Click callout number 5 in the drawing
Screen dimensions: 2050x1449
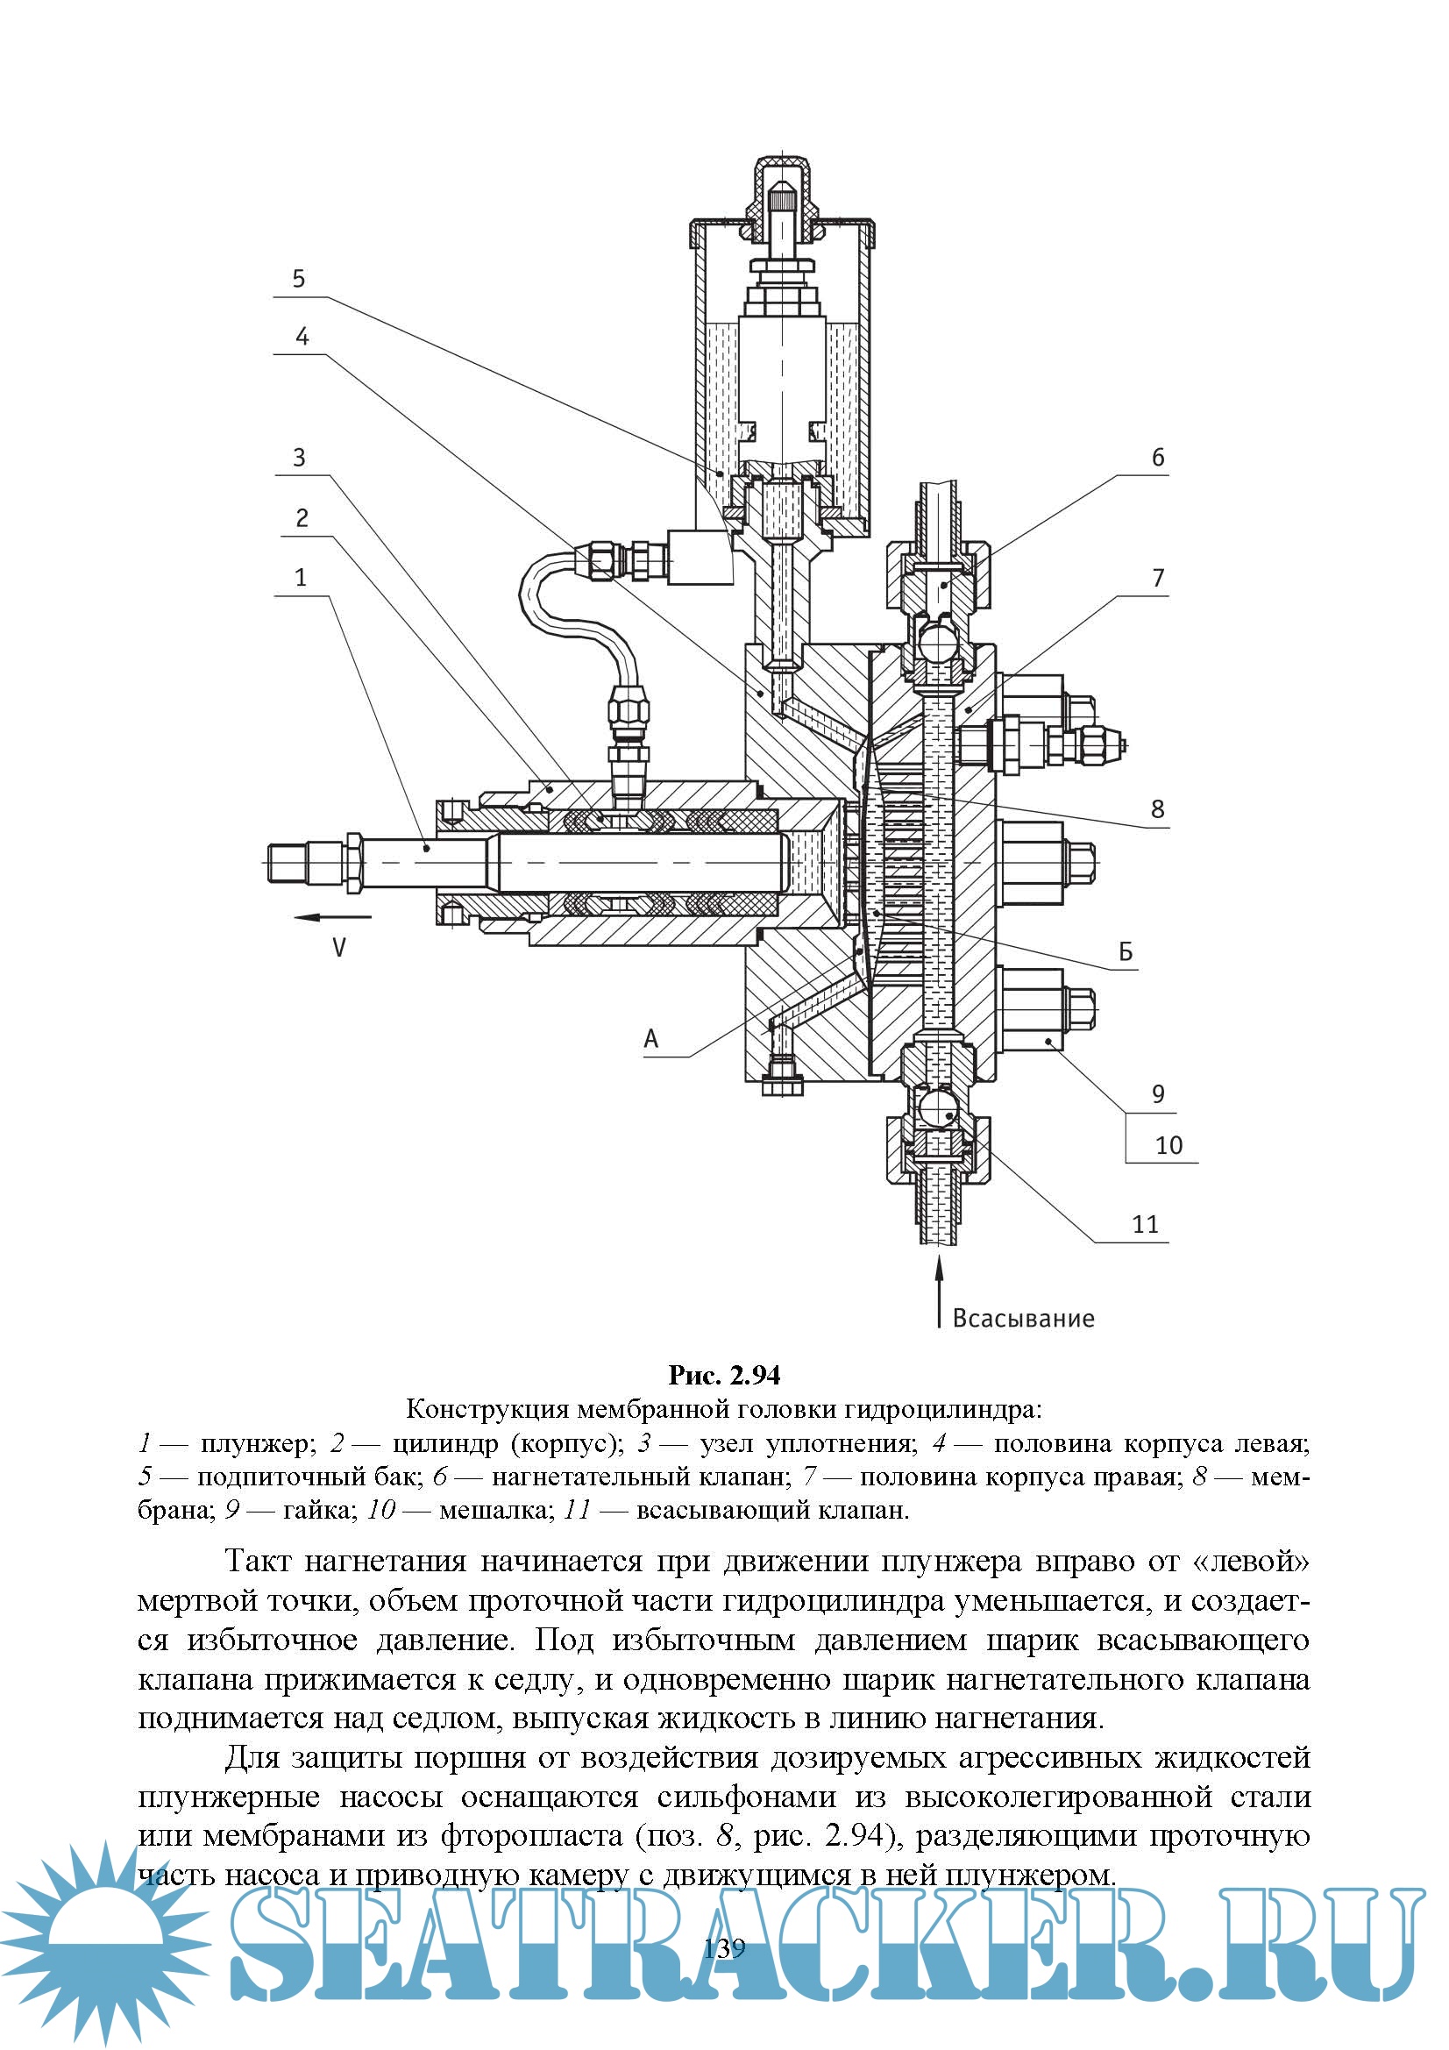[x=299, y=280]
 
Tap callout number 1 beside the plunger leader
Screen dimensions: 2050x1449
[x=301, y=578]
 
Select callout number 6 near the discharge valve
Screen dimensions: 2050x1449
[x=1158, y=458]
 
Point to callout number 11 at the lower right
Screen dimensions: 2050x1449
[x=1146, y=1224]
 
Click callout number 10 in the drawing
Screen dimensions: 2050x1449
[x=1168, y=1145]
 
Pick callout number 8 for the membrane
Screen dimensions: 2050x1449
[x=1158, y=810]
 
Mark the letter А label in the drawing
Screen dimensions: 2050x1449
[x=650, y=1038]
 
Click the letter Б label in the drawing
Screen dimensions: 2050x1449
[x=1126, y=952]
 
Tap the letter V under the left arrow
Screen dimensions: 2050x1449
[x=339, y=947]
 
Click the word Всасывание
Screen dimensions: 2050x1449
[x=1023, y=1319]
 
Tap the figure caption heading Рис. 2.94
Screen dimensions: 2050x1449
[x=724, y=1376]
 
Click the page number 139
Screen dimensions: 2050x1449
[x=724, y=1948]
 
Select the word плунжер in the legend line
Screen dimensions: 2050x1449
[x=258, y=1444]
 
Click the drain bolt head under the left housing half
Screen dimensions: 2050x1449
[x=783, y=1084]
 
